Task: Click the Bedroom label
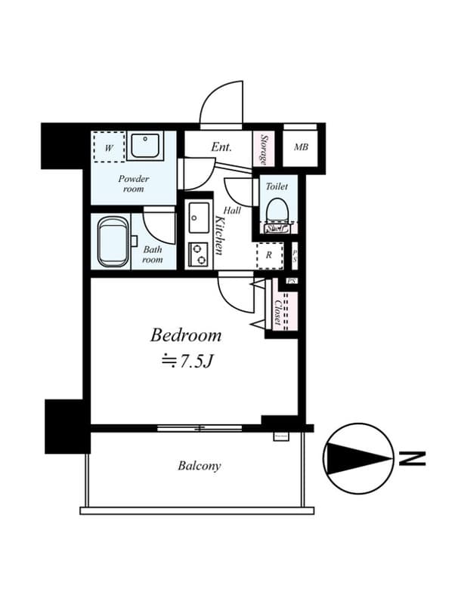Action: click(185, 334)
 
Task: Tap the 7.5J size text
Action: click(186, 361)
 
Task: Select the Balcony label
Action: click(200, 466)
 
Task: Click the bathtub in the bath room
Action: click(113, 242)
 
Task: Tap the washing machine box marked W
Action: click(109, 149)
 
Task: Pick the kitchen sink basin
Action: click(199, 220)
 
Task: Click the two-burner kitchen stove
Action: click(199, 254)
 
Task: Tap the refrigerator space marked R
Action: click(269, 254)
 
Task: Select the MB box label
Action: click(301, 148)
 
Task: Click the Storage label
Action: click(264, 149)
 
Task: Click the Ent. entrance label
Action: click(221, 147)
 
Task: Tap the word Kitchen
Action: click(218, 234)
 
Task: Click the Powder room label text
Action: click(133, 183)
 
